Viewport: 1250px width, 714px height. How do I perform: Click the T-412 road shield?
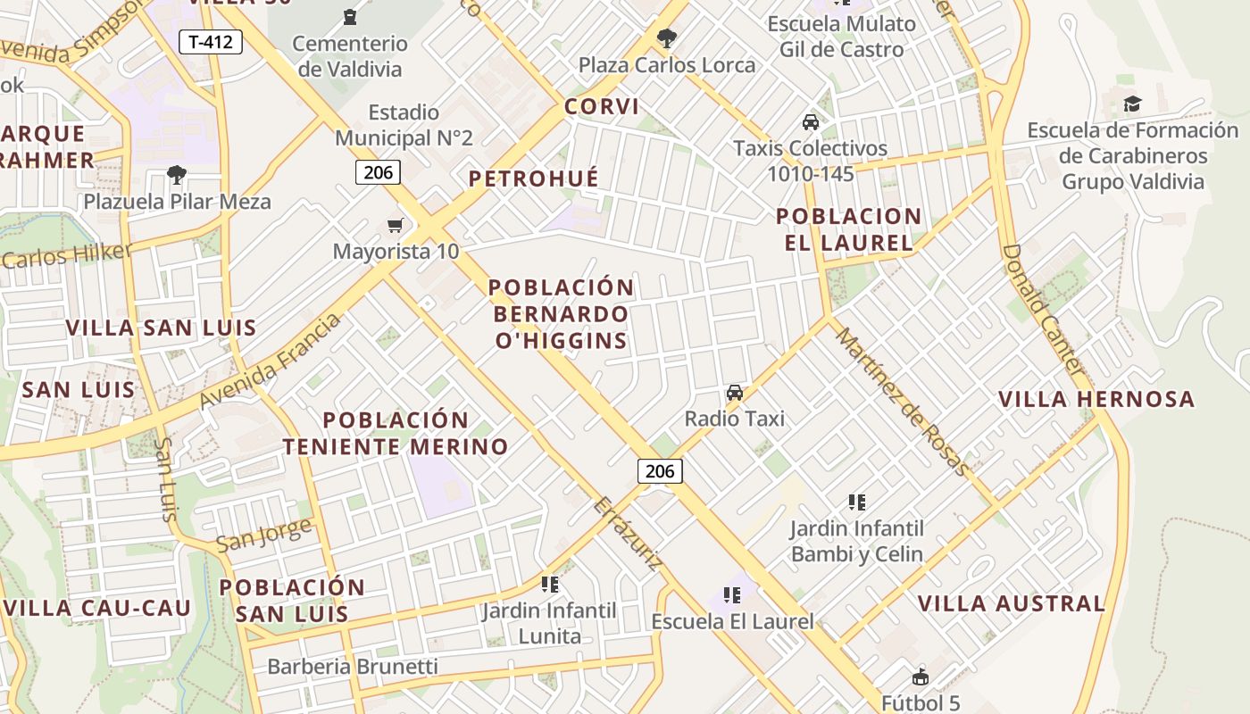[x=211, y=41]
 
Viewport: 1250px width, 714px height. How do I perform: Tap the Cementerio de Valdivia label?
[x=350, y=55]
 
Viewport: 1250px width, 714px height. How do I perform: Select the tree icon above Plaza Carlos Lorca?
[x=665, y=37]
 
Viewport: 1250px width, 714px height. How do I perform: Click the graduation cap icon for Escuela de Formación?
[x=1132, y=104]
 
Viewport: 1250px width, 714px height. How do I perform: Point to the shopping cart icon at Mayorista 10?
[x=395, y=225]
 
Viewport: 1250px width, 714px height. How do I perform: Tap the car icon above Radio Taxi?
[x=735, y=392]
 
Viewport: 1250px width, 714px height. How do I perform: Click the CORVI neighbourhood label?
[x=602, y=107]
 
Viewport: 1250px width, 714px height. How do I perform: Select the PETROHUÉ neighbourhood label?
[x=534, y=178]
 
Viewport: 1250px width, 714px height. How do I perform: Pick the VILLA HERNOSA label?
[x=1096, y=399]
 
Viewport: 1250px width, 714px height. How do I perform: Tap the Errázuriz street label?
[x=629, y=533]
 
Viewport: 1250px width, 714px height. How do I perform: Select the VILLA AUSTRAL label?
[x=1012, y=603]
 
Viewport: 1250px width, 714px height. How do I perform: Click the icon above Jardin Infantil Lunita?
[x=550, y=585]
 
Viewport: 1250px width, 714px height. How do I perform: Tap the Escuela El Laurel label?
[x=732, y=621]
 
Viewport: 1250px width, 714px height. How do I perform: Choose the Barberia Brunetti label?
[x=353, y=667]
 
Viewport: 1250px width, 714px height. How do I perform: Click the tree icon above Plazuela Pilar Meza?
[x=177, y=174]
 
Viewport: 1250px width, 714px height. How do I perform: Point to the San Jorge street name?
[x=264, y=534]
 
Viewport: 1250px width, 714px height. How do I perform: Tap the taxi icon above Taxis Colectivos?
[x=811, y=122]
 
